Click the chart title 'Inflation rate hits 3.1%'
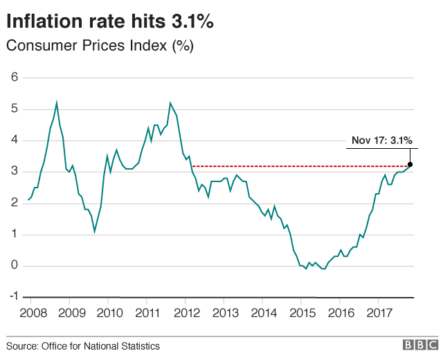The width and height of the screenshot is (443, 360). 109,22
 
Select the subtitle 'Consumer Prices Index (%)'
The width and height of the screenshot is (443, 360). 99,46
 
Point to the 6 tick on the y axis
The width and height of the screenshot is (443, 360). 15,77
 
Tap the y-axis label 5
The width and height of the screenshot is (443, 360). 15,109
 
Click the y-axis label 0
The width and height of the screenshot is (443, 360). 15,266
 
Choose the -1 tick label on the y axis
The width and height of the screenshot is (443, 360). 12,297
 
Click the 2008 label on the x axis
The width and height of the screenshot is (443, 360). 30,314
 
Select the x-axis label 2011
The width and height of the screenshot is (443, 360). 146,314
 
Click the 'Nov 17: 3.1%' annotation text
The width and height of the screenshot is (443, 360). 381,141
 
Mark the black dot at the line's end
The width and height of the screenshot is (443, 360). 410,164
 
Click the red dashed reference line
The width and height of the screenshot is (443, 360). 298,166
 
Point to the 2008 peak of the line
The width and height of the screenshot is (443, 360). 56,102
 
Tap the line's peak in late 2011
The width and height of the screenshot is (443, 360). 170,103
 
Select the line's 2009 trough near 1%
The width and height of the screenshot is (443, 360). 95,231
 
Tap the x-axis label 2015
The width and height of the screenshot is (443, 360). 301,314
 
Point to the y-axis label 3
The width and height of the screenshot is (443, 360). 15,172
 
